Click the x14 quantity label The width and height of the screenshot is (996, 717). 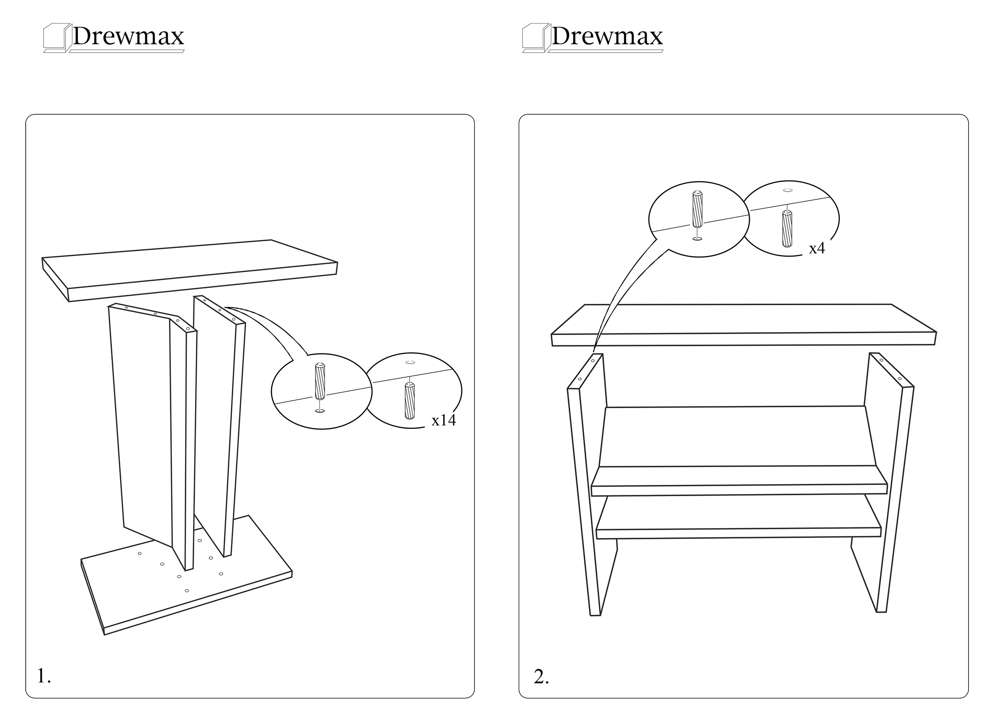click(444, 421)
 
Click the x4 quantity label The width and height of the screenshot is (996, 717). click(817, 249)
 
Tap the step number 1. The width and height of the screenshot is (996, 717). click(44, 676)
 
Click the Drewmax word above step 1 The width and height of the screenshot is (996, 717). click(128, 36)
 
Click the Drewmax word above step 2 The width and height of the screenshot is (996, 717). click(607, 36)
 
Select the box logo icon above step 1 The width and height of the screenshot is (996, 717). click(57, 38)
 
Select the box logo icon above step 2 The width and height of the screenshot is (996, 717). click(536, 38)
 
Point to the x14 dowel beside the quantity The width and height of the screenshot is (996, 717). click(409, 401)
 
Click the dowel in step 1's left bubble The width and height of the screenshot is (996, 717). click(320, 380)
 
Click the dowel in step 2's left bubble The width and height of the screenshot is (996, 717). click(697, 209)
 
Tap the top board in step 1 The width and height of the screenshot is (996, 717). click(190, 270)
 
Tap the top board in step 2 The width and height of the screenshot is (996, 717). click(744, 325)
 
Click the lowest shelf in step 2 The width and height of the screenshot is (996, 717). click(739, 523)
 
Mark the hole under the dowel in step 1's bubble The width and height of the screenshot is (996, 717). click(320, 411)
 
